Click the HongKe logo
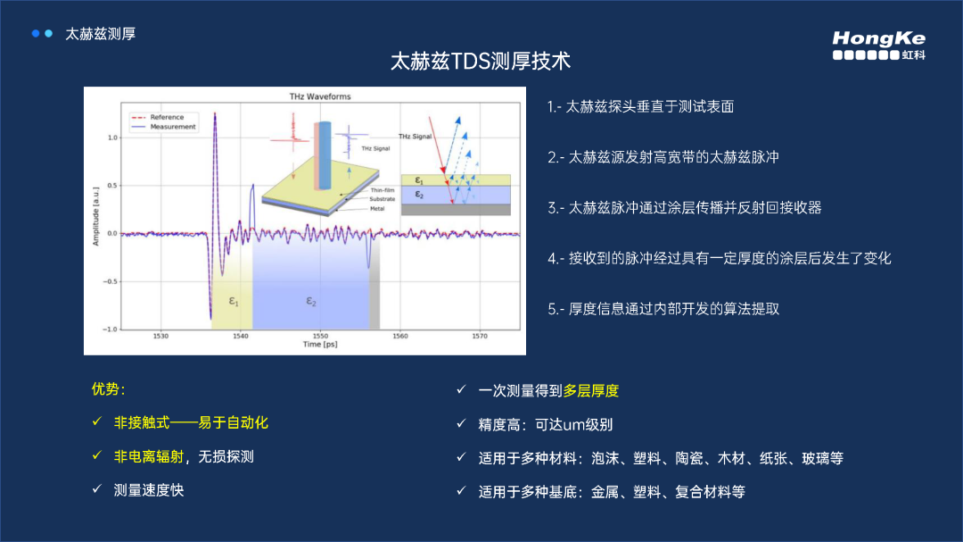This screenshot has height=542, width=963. click(878, 45)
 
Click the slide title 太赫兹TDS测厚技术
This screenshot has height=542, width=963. click(481, 62)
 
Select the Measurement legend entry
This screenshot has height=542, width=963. click(172, 127)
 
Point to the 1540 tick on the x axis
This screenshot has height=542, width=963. click(240, 337)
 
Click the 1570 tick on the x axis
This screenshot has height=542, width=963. click(480, 337)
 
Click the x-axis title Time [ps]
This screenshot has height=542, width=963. click(319, 345)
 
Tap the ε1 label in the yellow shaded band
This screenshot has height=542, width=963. click(234, 302)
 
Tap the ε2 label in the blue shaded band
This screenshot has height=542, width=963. click(311, 302)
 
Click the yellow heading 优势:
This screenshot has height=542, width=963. click(109, 389)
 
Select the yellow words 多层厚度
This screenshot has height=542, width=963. click(590, 391)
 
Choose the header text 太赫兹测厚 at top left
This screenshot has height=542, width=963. click(100, 34)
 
